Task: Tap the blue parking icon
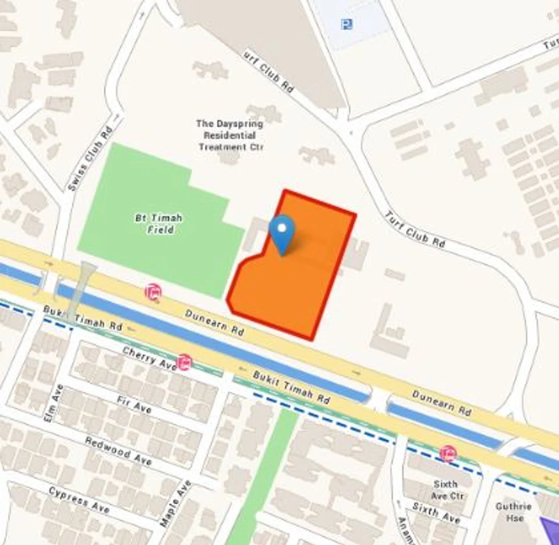pos(347,24)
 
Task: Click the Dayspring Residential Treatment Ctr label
pos(230,135)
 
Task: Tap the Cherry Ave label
pos(149,357)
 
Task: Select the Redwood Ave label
pos(118,451)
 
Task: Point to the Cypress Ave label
pos(79,500)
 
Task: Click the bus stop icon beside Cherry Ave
pos(185,363)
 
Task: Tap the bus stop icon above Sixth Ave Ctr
pos(448,453)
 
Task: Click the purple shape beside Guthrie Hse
pos(550,530)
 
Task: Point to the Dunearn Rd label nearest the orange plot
pos(214,321)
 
